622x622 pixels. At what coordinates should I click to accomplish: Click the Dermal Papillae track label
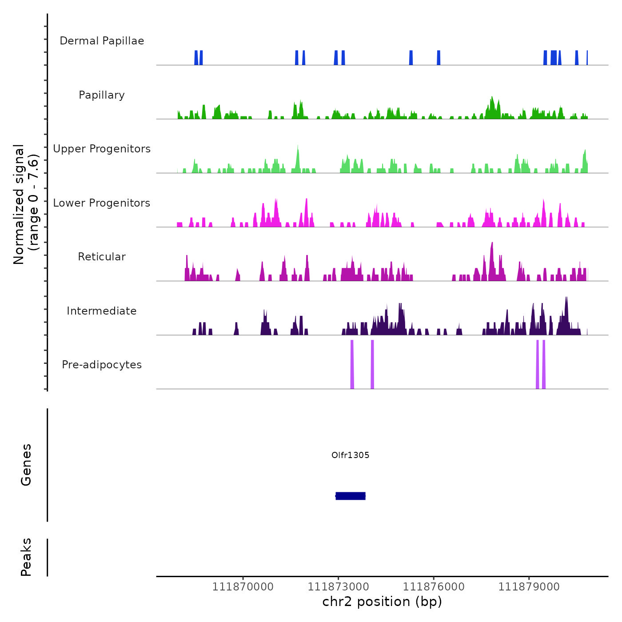[x=102, y=41]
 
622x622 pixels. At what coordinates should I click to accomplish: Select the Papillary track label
[x=102, y=95]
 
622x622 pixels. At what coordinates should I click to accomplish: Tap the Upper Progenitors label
[x=102, y=149]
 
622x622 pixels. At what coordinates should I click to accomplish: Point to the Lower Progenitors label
[x=102, y=203]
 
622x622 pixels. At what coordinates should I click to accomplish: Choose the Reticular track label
[x=102, y=257]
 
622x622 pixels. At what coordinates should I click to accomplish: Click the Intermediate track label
[x=102, y=311]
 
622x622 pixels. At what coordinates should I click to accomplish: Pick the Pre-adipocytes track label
[x=102, y=365]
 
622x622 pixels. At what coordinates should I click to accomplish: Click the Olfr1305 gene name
[x=350, y=455]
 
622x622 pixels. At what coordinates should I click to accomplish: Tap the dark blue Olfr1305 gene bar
[x=351, y=496]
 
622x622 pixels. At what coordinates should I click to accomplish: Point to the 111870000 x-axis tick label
[x=243, y=587]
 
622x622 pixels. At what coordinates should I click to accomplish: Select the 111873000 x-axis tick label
[x=338, y=587]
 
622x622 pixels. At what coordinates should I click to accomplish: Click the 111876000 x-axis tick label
[x=434, y=587]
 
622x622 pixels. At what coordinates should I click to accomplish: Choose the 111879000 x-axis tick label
[x=529, y=587]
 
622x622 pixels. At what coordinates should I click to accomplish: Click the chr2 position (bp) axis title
[x=382, y=602]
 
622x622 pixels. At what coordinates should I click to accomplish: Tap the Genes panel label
[x=26, y=465]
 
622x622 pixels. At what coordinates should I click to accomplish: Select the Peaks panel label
[x=26, y=557]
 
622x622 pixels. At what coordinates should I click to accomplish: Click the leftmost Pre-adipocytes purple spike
[x=352, y=364]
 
